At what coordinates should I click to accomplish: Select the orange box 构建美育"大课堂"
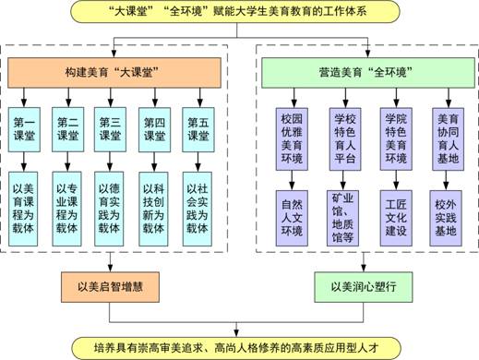(114, 70)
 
